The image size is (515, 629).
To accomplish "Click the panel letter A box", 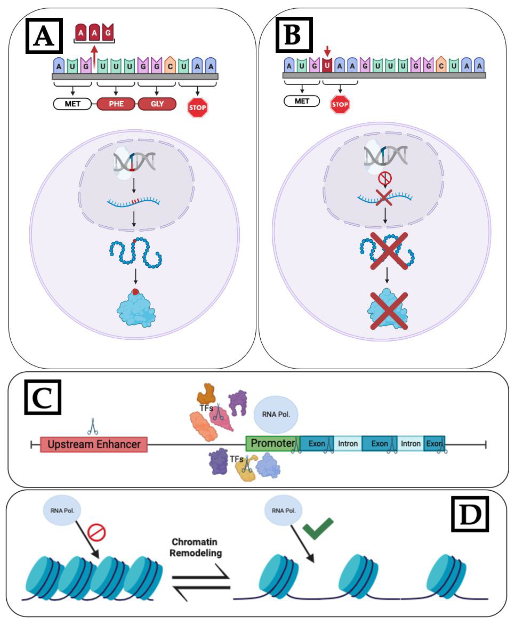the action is pos(44,36).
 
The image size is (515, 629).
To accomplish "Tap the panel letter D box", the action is pos(470,514).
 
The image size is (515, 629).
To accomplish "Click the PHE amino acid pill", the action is pos(116,104).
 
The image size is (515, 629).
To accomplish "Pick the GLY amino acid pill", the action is pos(157,104).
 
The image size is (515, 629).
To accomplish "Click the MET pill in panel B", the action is pos(302,101).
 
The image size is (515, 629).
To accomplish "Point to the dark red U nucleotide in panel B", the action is pos(327,65).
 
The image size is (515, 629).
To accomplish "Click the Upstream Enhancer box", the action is pos(94,444).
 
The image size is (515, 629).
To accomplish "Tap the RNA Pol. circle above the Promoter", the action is pos(276,415).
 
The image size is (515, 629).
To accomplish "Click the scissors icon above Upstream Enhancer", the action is pos(93,426).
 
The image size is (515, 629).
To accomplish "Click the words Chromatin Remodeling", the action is pos(196,547).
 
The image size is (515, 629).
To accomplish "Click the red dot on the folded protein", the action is pos(135,292).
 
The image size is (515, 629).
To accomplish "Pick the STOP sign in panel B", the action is pos(340,104).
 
